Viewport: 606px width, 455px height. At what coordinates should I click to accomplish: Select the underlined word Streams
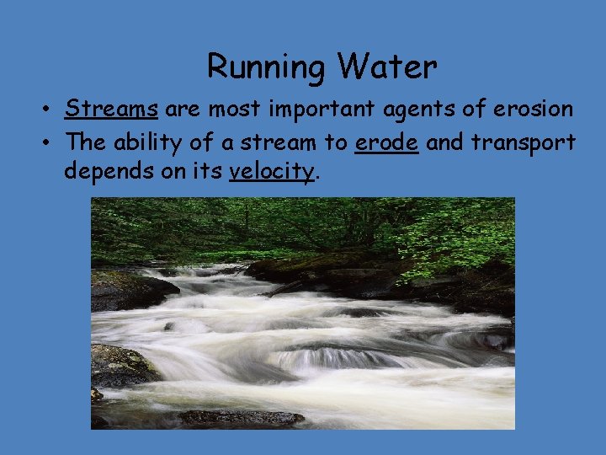point(112,109)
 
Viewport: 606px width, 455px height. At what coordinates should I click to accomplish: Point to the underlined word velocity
point(271,172)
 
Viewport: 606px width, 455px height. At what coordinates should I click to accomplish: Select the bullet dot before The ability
point(50,142)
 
